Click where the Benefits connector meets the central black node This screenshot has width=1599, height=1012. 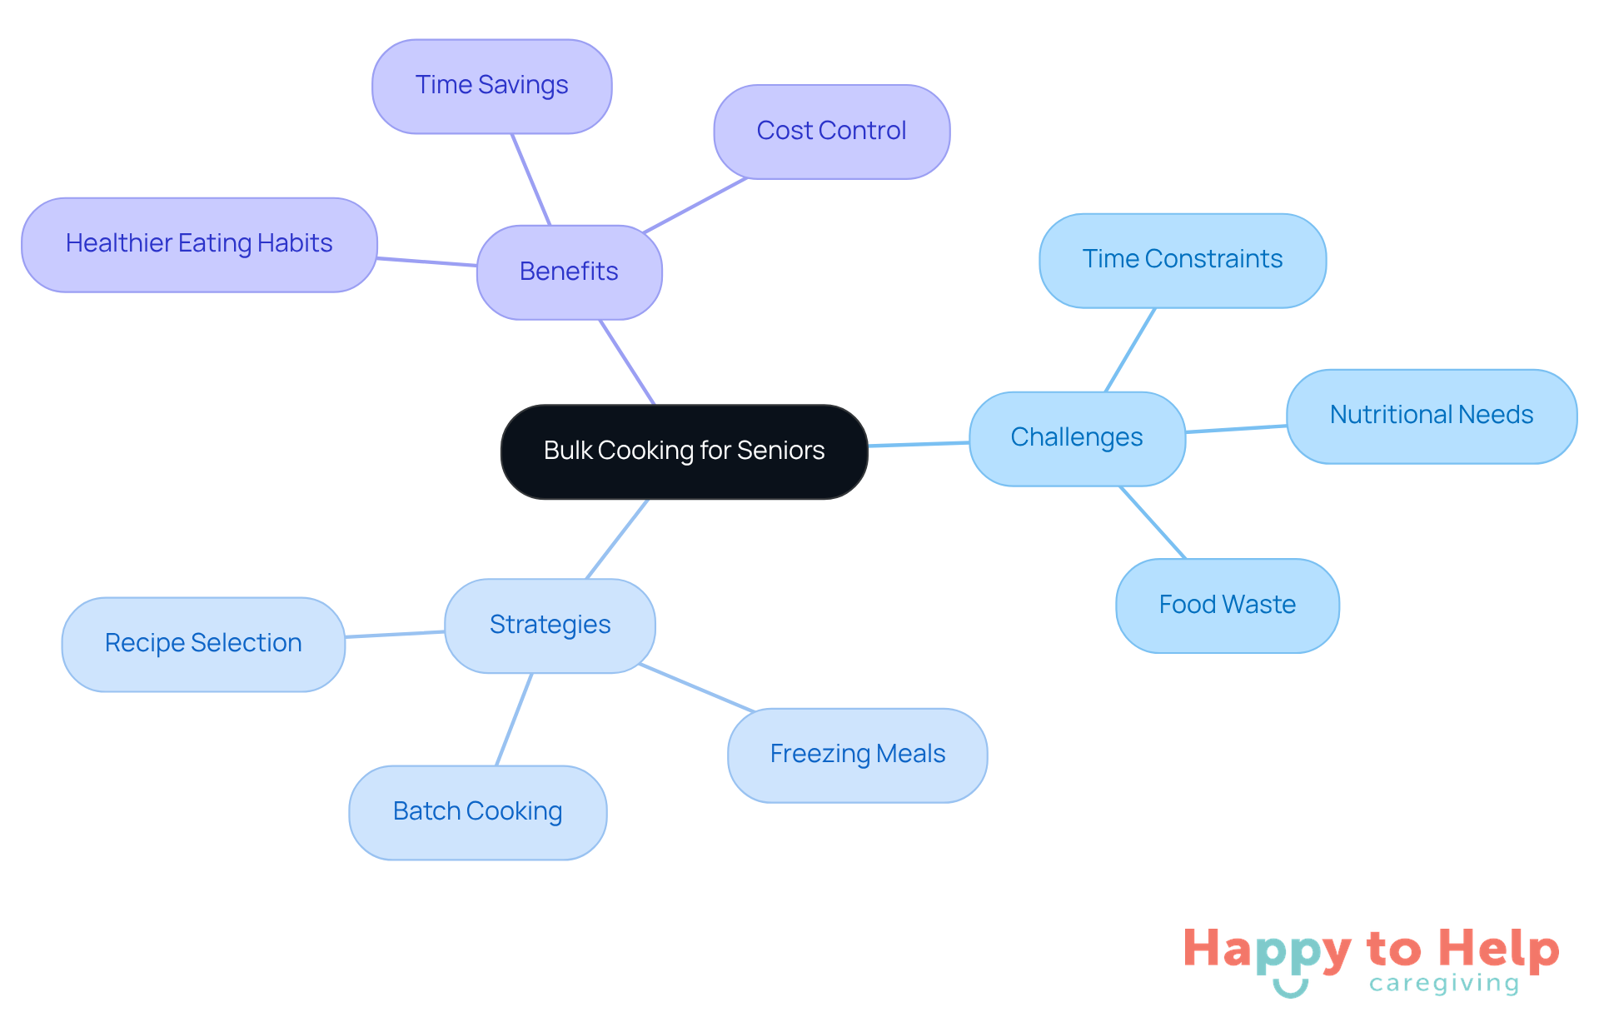(655, 405)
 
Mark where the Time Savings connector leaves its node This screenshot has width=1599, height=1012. (512, 134)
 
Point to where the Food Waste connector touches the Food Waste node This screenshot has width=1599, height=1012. (1185, 559)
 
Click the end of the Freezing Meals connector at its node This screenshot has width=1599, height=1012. (755, 711)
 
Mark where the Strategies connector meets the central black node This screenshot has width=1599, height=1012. (648, 499)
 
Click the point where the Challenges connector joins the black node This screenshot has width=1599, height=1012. (868, 446)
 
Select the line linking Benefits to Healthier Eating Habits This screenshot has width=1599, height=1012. (426, 262)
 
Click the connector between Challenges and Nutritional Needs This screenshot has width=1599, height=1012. (1236, 429)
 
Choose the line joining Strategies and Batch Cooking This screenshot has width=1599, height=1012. (514, 719)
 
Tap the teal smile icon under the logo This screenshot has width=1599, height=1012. (1290, 988)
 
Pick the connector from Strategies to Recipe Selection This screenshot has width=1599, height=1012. (395, 635)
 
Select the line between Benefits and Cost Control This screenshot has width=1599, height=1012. (695, 205)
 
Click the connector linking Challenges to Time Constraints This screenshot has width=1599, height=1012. (1130, 350)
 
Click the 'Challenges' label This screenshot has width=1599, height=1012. (1077, 437)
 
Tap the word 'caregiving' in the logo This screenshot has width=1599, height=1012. (1444, 984)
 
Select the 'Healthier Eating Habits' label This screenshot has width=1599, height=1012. (199, 243)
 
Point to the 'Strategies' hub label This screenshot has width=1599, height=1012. (550, 625)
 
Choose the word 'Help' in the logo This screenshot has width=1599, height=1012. (1499, 949)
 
